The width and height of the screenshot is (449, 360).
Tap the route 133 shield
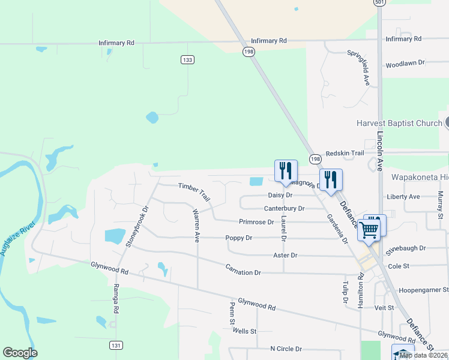point(188,59)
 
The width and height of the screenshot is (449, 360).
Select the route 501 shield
point(379,2)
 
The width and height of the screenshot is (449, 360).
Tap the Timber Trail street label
point(194,192)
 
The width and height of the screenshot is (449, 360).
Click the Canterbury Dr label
point(285,209)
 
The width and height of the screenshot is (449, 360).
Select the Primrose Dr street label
point(256,222)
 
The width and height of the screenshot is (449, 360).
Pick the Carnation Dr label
point(243,269)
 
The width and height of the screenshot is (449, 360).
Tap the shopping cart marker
point(369,228)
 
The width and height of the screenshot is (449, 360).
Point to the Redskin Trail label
point(345,154)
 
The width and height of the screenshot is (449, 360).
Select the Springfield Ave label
point(358,67)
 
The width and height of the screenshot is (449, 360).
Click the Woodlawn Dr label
point(405,62)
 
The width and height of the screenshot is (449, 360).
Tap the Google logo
point(20,352)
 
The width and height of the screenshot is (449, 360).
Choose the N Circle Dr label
point(286,349)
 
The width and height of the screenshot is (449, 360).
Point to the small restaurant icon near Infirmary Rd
point(296,9)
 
